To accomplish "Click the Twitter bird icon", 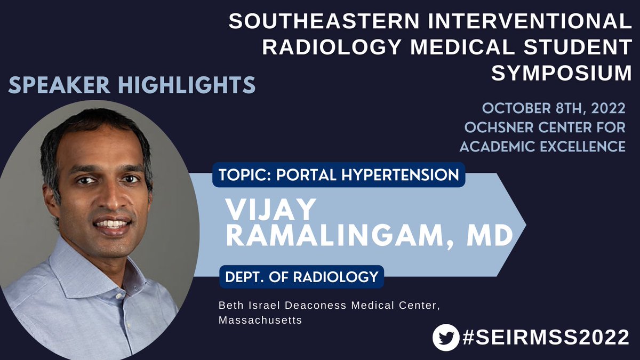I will coord(446,338).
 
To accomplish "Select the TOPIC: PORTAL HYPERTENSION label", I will coord(339,174).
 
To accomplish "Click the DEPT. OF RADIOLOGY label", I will coord(301,277).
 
